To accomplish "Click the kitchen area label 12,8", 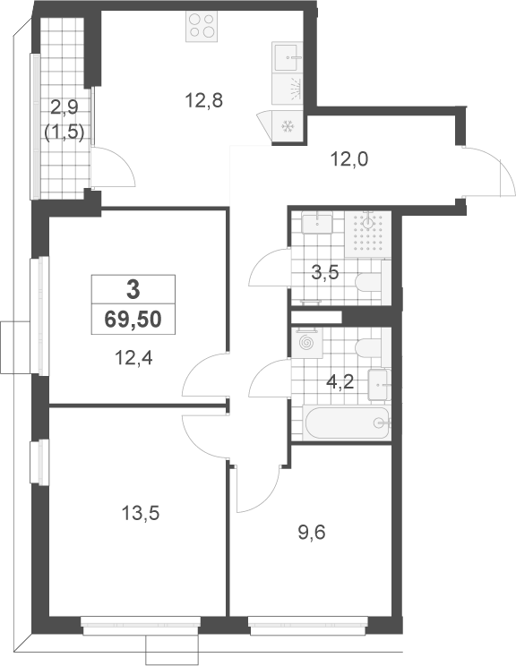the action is coord(204,101).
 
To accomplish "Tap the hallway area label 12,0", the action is coord(349,159).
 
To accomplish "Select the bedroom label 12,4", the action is coord(133,358).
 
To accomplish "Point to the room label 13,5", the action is coord(141,513).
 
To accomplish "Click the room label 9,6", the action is coord(312,532).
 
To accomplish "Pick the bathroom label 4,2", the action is coord(340,382).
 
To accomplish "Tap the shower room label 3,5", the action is coord(324,273).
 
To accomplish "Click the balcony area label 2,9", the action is coord(64,108).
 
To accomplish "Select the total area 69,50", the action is coord(133,319).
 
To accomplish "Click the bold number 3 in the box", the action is coord(133,290).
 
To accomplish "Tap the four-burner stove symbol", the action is coord(202,26).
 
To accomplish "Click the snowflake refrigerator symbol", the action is coord(288,126).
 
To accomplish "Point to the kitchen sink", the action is coord(288,57).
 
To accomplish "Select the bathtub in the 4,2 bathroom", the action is coord(347,423).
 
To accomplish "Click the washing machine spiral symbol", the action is coord(306,342).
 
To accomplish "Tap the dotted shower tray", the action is coord(367,235).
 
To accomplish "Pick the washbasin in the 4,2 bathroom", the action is coord(379,385).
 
